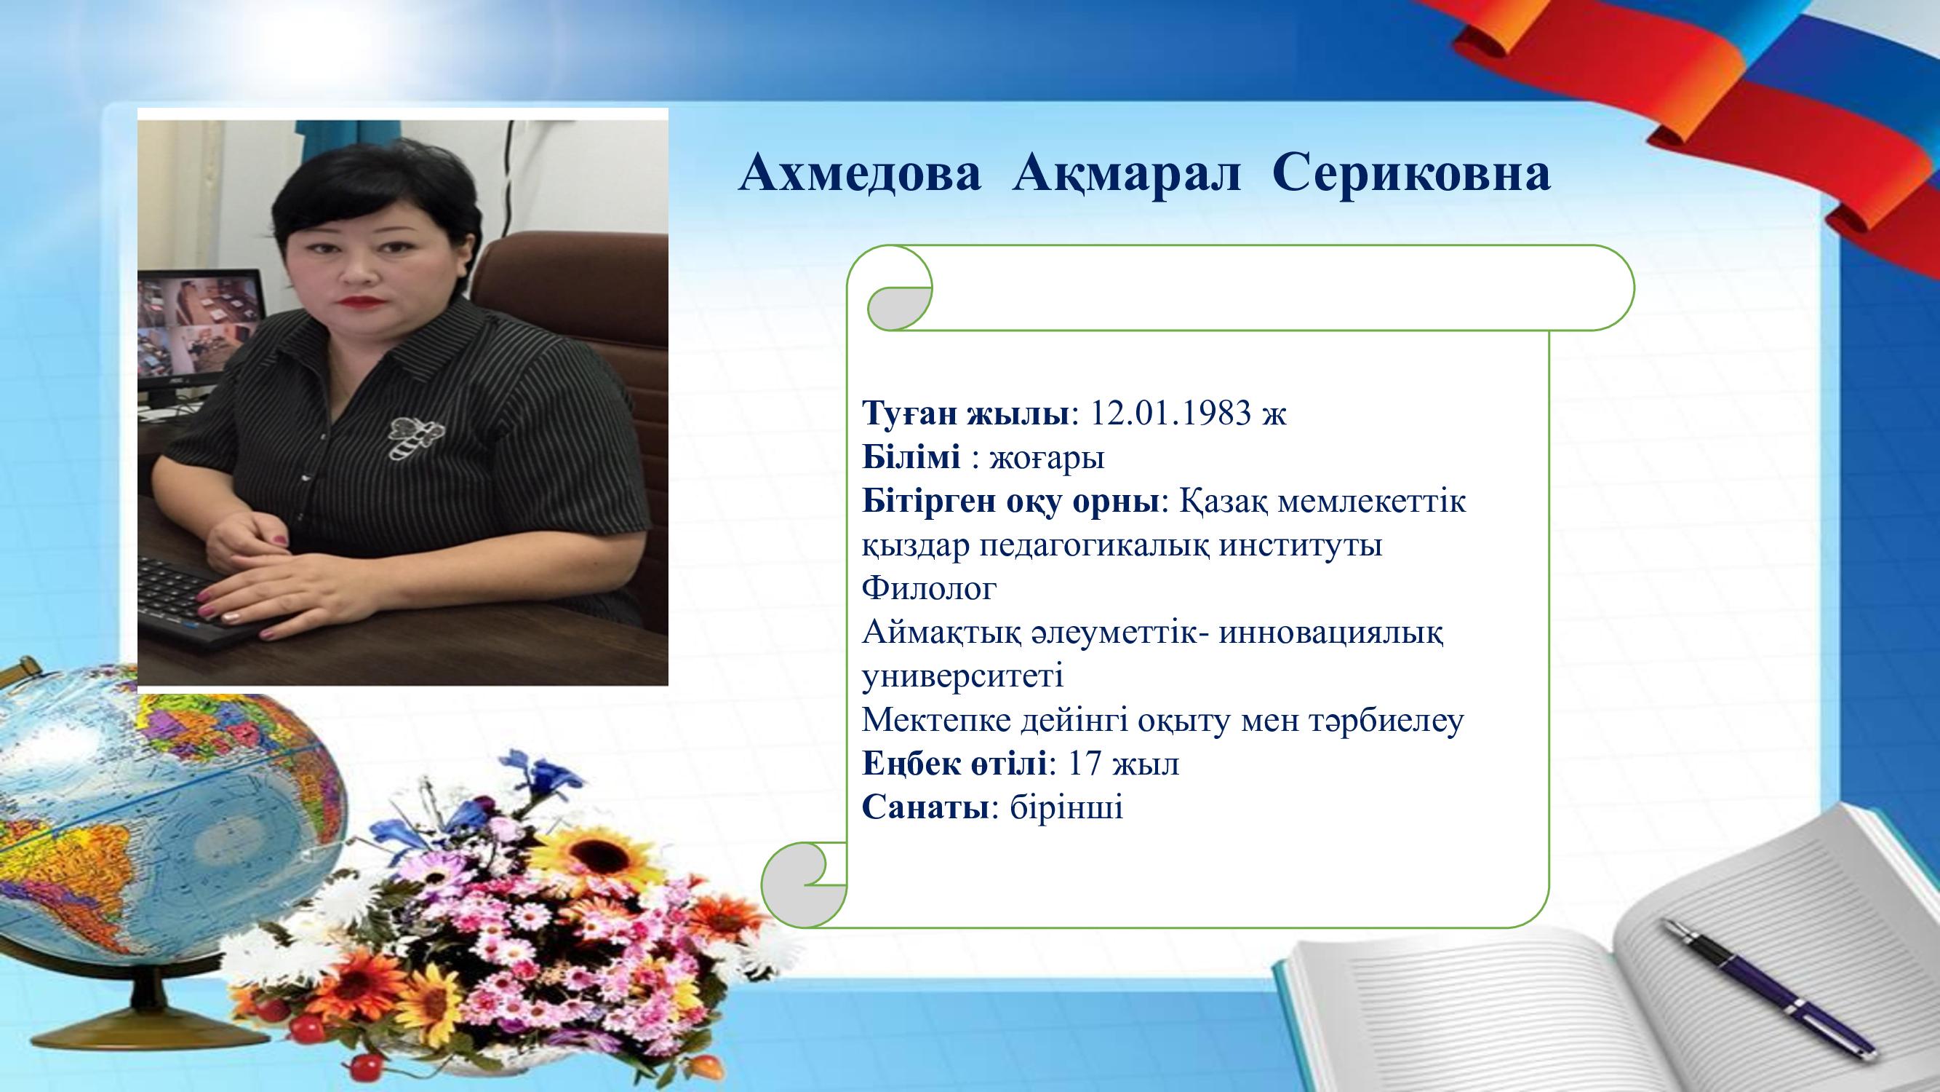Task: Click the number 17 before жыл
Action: point(1085,764)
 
